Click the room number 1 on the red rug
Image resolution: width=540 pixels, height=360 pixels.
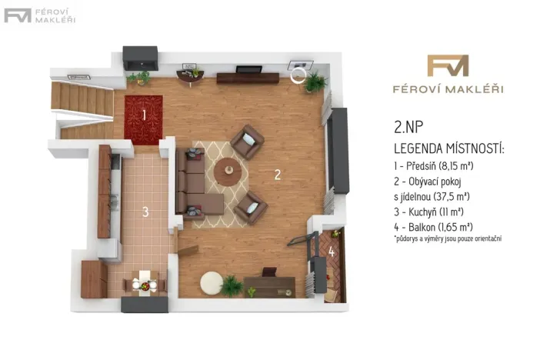(144, 115)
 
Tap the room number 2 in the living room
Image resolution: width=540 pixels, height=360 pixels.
(277, 175)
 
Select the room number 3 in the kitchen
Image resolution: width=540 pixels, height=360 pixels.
(145, 213)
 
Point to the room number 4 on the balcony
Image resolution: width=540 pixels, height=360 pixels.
(332, 251)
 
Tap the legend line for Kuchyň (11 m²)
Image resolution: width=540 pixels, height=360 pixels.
(432, 211)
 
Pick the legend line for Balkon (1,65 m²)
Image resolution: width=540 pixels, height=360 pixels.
(432, 226)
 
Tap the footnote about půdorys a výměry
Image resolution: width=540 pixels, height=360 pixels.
(447, 239)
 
